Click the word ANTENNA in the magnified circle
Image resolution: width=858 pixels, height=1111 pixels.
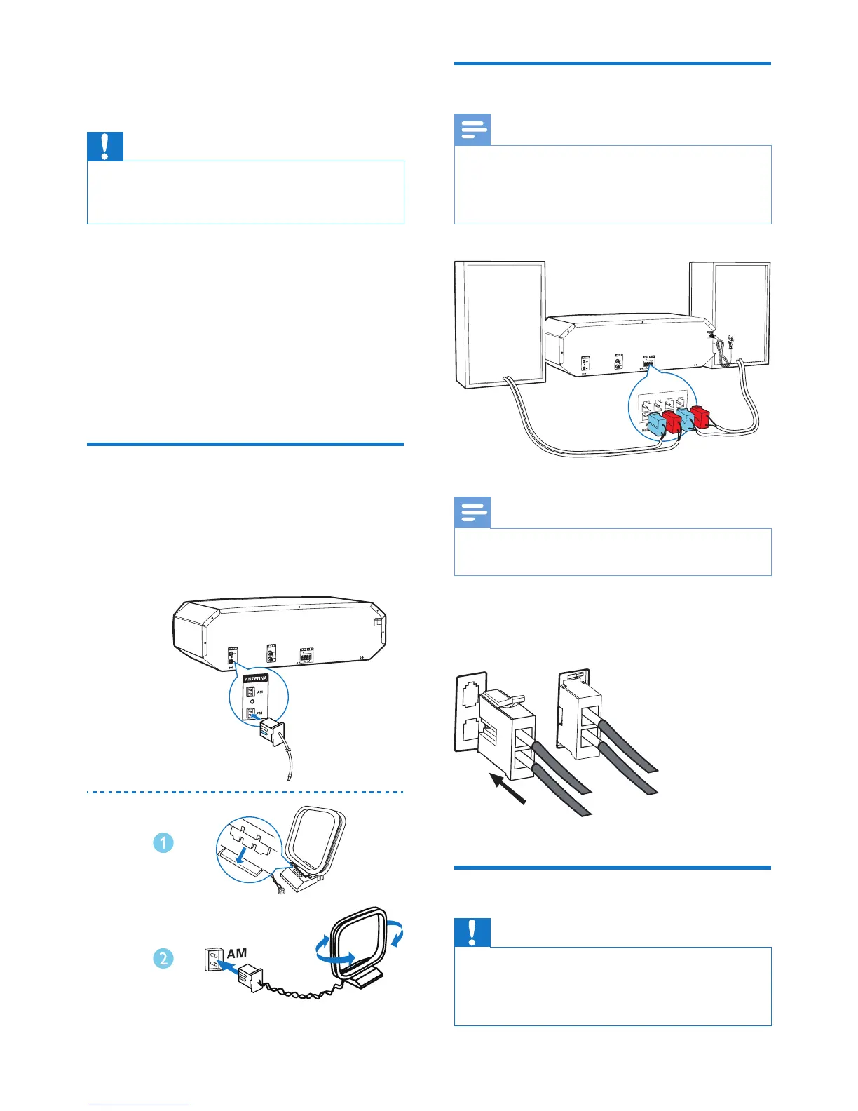click(255, 679)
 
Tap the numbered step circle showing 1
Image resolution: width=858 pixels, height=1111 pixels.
click(163, 842)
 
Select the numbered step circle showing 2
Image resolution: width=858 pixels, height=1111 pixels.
click(163, 957)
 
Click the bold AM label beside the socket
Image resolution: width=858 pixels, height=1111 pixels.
click(237, 954)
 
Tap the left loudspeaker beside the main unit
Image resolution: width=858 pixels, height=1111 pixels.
click(500, 323)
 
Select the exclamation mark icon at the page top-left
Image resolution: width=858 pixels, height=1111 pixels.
click(105, 146)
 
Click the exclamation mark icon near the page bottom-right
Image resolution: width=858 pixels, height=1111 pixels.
click(472, 932)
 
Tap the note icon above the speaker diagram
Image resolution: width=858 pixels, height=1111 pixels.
click(472, 130)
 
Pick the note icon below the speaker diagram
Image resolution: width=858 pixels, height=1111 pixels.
click(472, 513)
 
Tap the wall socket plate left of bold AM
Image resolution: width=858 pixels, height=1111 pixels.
click(214, 959)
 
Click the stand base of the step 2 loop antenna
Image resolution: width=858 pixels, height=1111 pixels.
click(365, 977)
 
